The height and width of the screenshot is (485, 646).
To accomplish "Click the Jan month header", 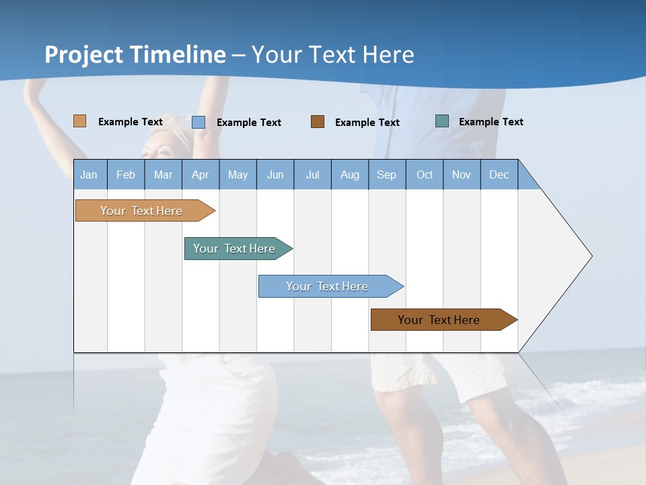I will (89, 174).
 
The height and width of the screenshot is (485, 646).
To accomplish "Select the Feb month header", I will (126, 174).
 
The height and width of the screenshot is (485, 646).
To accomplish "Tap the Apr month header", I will (200, 174).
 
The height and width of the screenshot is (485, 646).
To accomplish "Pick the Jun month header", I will (275, 174).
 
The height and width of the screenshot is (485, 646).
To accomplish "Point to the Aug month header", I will (349, 174).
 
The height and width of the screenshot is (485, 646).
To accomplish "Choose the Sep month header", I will (387, 174).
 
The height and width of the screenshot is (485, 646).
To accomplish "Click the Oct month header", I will (425, 174).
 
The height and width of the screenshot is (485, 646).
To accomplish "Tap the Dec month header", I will (499, 174).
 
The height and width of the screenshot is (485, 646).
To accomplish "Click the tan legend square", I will (79, 121).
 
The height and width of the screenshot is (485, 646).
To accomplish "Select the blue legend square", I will (198, 122).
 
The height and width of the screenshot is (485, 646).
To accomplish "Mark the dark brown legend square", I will (318, 122).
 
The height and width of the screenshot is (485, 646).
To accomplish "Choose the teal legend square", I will (441, 121).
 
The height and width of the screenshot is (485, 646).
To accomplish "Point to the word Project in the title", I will (84, 55).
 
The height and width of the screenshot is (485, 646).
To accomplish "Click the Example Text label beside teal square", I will (491, 122).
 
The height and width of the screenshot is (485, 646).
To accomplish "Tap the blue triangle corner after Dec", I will (527, 179).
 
